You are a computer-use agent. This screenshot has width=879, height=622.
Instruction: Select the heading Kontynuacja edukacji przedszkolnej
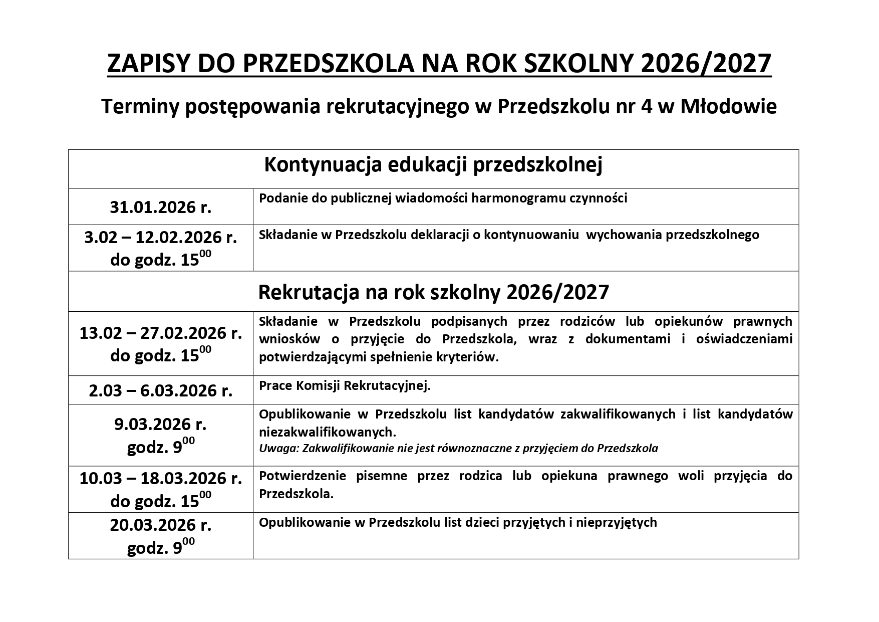(433, 165)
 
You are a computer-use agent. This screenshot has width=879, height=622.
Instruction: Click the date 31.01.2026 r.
(161, 207)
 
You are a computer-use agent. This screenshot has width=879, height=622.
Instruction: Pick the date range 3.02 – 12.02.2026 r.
(161, 237)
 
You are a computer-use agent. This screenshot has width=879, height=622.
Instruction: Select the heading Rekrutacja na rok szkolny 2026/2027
(433, 292)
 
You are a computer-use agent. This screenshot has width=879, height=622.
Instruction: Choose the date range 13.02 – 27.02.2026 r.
(161, 333)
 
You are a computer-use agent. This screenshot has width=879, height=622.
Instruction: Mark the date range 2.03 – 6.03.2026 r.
(161, 390)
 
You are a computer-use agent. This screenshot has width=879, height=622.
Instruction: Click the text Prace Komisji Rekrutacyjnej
(345, 386)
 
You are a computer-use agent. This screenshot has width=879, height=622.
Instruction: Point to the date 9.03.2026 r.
(161, 424)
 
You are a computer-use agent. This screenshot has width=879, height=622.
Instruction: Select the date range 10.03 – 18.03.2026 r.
(161, 478)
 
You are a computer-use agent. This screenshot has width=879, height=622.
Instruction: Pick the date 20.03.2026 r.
(161, 525)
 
